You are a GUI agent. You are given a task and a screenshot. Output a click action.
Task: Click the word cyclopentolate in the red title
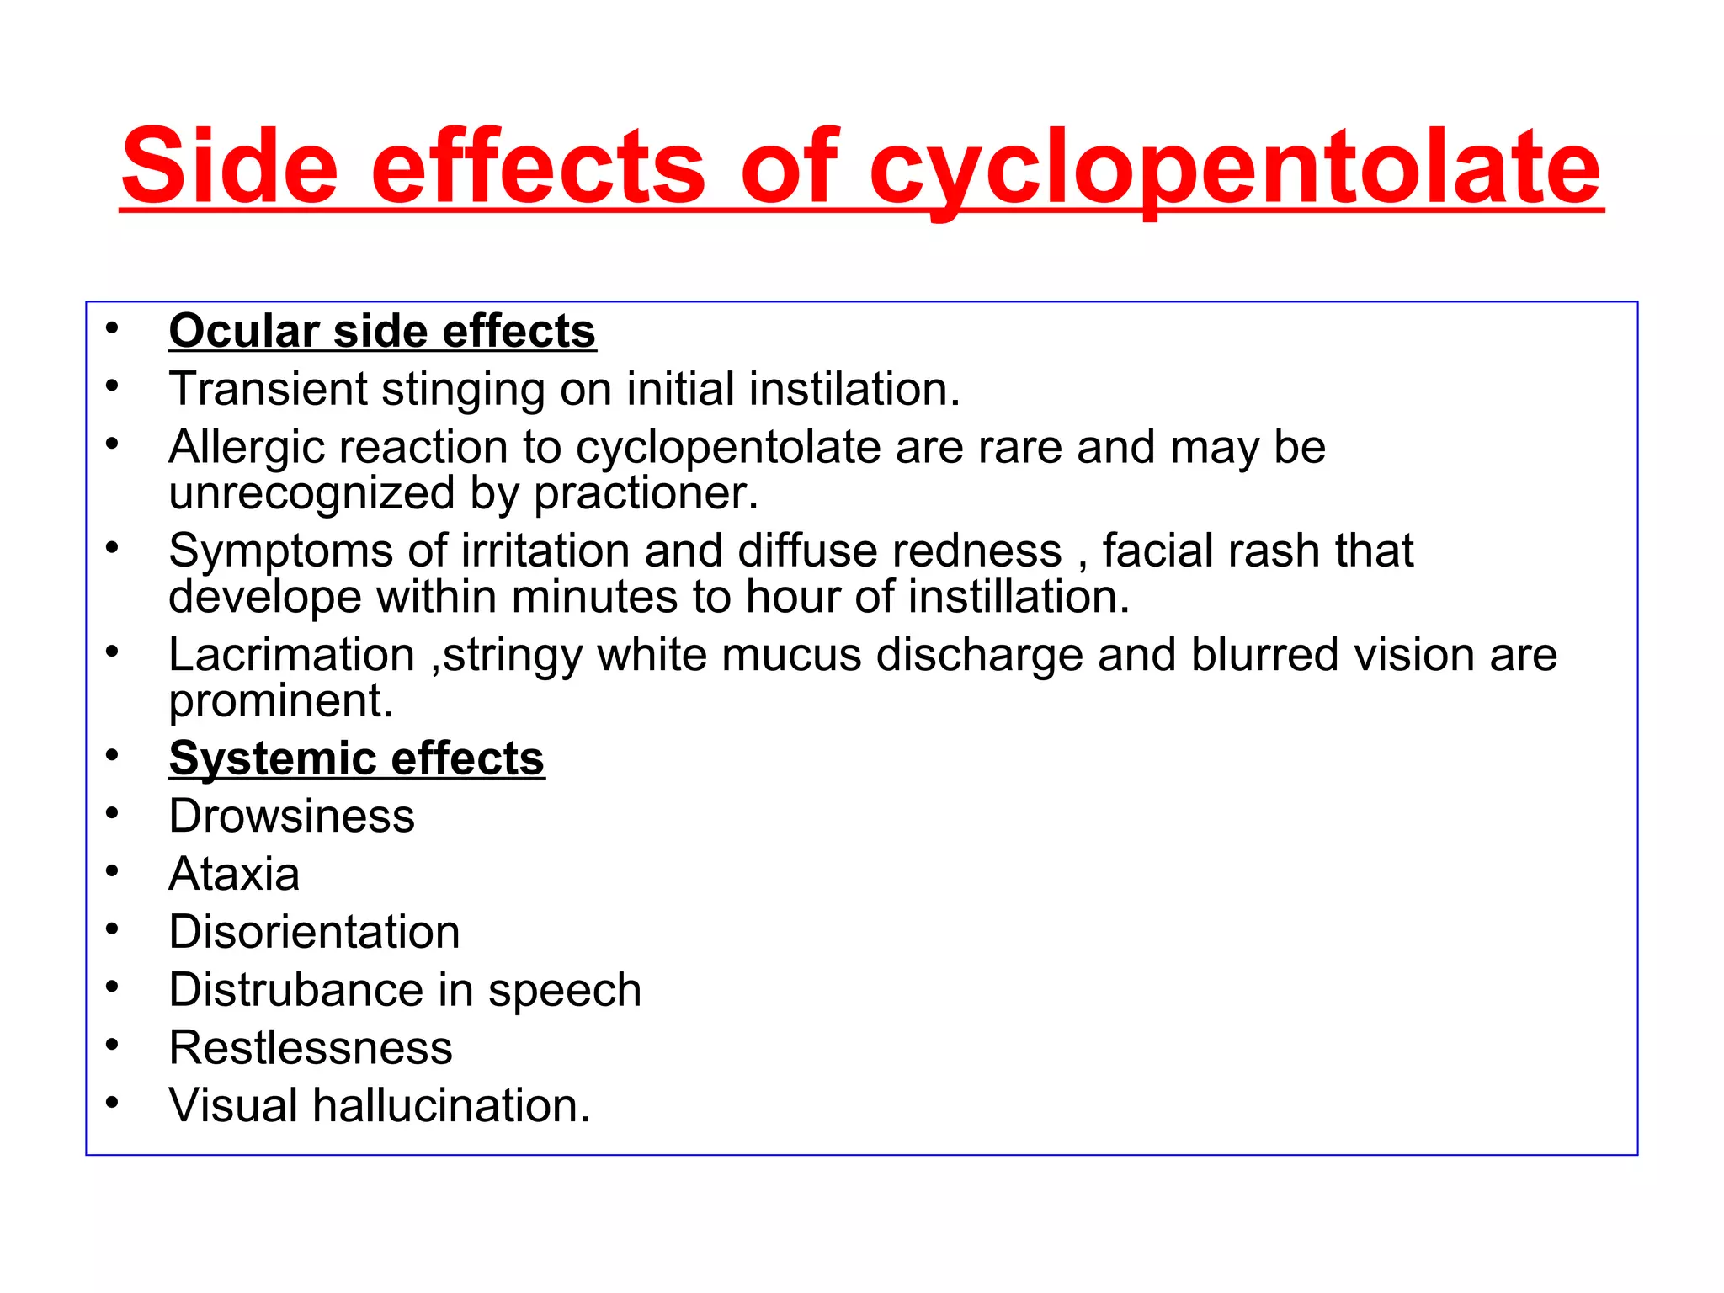point(1234,168)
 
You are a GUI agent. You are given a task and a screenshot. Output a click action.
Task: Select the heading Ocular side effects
point(382,331)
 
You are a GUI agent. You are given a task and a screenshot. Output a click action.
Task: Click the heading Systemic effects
point(357,758)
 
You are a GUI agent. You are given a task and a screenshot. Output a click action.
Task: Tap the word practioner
point(646,492)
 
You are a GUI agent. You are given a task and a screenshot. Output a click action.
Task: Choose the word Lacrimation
point(291,655)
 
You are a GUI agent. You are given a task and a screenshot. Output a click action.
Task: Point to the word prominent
point(280,700)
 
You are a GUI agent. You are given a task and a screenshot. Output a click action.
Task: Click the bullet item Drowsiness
point(291,817)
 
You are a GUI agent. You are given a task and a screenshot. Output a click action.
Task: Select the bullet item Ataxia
point(234,874)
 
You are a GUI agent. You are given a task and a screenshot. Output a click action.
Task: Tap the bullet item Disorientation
point(314,932)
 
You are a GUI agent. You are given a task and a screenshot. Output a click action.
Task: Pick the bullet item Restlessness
point(311,1048)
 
